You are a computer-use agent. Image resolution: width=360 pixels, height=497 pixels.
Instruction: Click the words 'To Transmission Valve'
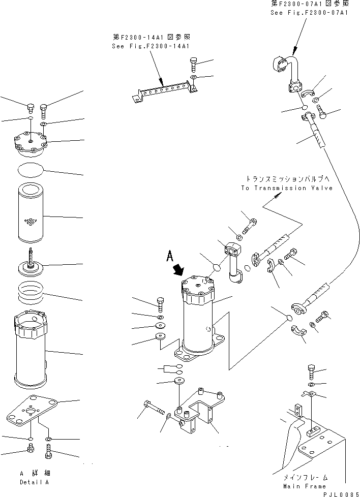tap(287, 188)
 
